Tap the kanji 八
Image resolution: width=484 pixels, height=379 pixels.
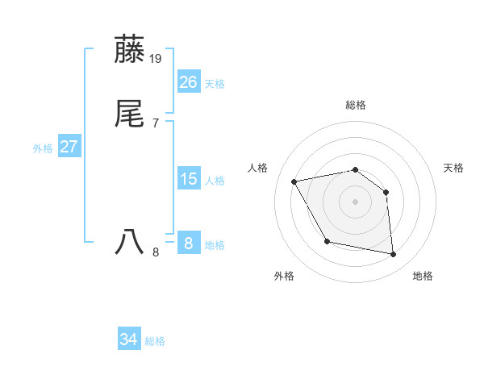[x=130, y=242]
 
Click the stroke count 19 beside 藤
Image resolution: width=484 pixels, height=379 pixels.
[x=156, y=58]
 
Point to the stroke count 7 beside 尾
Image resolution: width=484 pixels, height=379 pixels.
[x=155, y=123]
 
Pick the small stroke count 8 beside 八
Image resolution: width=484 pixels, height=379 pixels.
[x=156, y=252]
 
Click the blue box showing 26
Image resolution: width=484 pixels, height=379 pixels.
[x=189, y=81]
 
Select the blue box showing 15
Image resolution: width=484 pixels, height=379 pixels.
[x=189, y=178]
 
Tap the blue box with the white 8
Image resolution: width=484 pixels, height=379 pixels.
[x=189, y=242]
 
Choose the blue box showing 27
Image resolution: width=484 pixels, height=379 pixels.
[x=69, y=147]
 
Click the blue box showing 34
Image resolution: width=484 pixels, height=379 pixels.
[x=129, y=339]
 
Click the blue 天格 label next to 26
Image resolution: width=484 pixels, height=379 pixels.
[x=215, y=83]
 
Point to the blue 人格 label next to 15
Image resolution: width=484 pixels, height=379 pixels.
[x=215, y=180]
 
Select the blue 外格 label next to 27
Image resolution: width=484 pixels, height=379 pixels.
[x=43, y=148]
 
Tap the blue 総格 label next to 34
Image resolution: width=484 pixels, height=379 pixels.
[x=155, y=341]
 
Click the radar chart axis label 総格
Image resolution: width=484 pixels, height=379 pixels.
[x=356, y=105]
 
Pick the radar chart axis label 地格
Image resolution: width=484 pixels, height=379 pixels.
[x=423, y=276]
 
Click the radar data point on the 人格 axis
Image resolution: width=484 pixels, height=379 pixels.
[x=294, y=181]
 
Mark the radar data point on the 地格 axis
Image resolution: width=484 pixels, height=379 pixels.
[x=394, y=255]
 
